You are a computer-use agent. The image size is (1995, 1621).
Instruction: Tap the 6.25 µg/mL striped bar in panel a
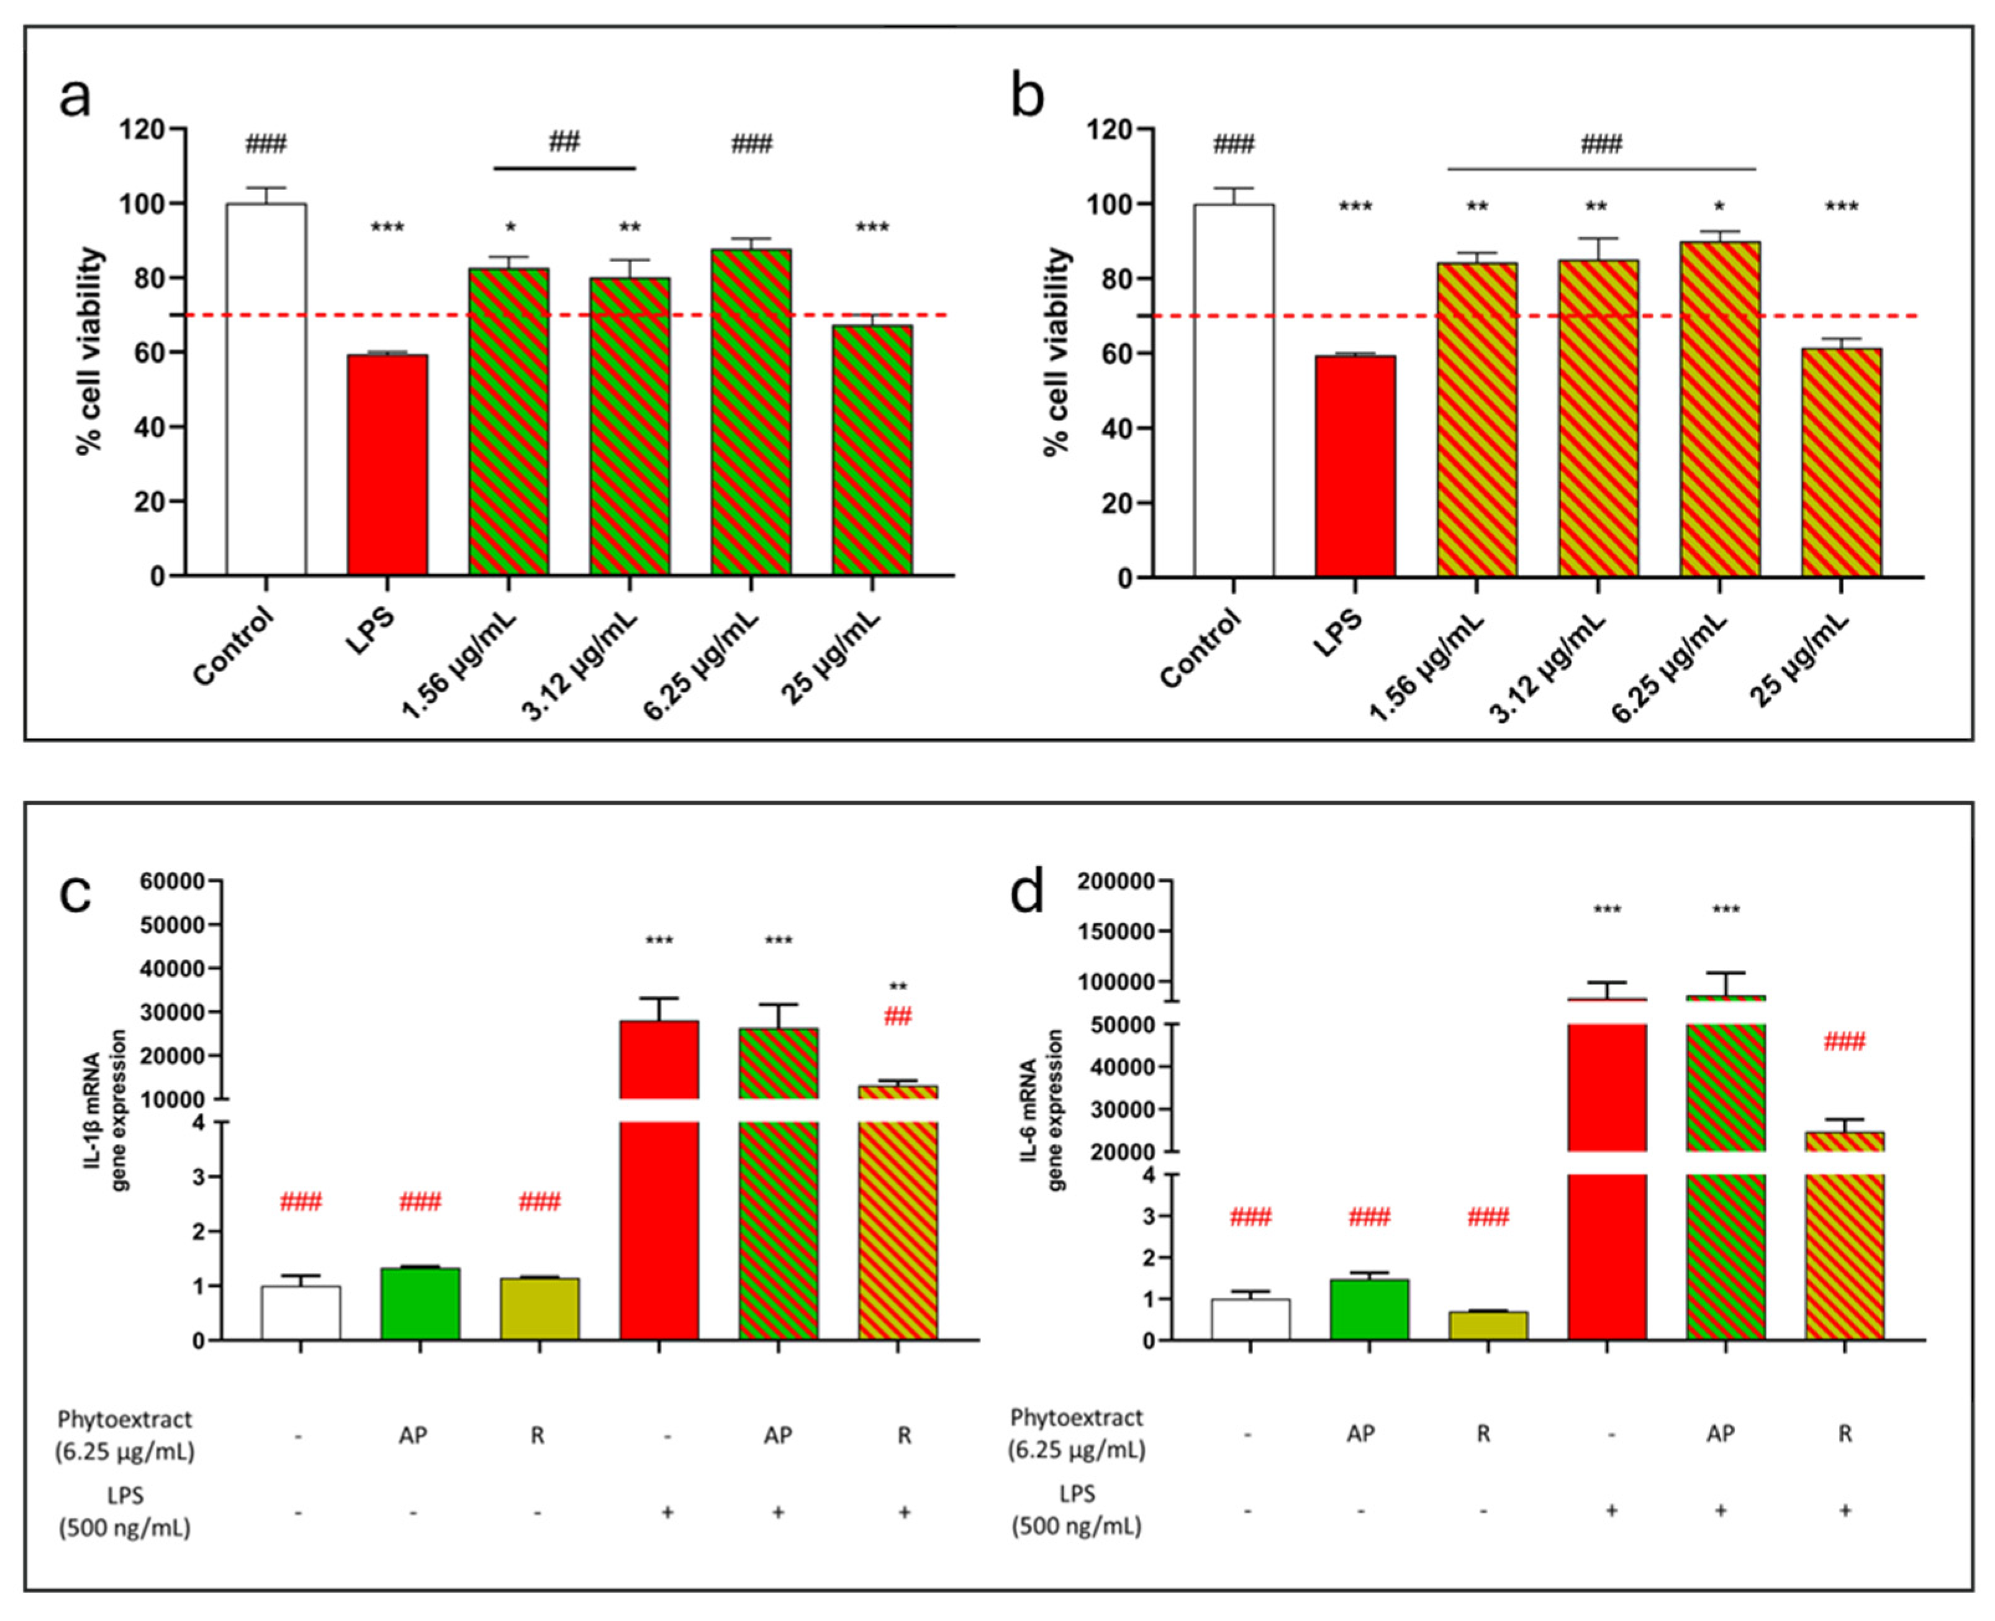coord(751,411)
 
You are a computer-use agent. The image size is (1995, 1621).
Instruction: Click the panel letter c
coord(75,894)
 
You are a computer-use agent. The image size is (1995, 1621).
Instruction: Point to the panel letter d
coord(1027,894)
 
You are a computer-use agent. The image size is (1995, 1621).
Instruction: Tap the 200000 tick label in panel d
coord(1116,881)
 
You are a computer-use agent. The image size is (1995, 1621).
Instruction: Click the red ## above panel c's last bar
coord(897,1017)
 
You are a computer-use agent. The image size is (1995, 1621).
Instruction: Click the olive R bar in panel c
coord(540,1308)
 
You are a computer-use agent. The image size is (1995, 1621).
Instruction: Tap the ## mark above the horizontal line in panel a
coord(564,142)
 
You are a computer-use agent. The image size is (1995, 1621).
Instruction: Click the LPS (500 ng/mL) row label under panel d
coord(1077,1510)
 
